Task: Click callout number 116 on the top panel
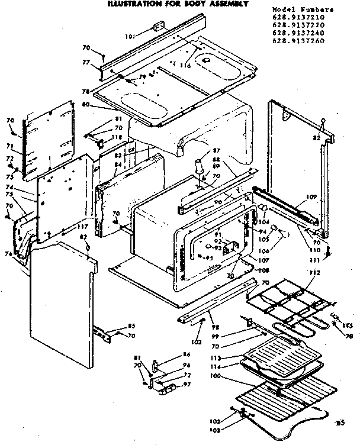[x=185, y=66]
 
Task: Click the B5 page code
[x=339, y=423]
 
